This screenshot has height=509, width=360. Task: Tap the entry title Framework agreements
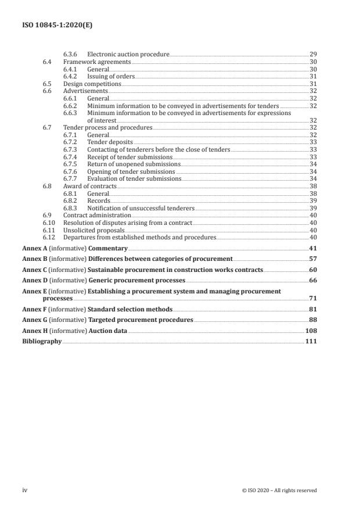pyautogui.click(x=97, y=62)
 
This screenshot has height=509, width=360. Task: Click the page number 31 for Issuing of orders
pyautogui.click(x=313, y=76)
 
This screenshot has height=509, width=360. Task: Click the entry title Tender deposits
pyautogui.click(x=110, y=142)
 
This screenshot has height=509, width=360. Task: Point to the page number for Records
pyautogui.click(x=313, y=200)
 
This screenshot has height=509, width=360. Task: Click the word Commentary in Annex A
pyautogui.click(x=107, y=249)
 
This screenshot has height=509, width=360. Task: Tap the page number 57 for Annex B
pyautogui.click(x=313, y=259)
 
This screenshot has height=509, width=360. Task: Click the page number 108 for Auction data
pyautogui.click(x=311, y=331)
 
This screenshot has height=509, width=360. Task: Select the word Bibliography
pyautogui.click(x=41, y=342)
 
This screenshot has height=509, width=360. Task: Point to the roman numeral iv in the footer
pyautogui.click(x=25, y=490)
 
